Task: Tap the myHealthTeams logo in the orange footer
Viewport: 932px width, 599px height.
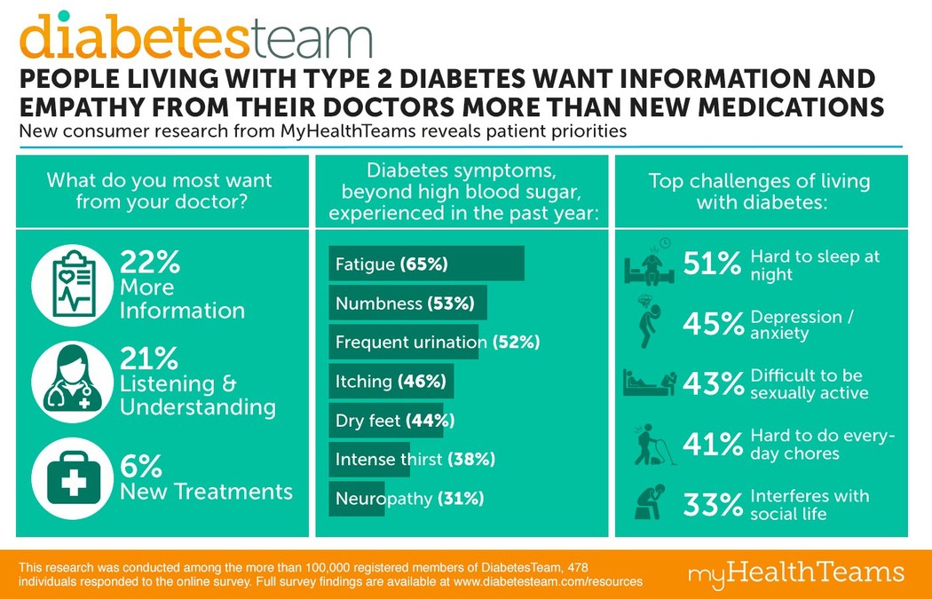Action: (795, 571)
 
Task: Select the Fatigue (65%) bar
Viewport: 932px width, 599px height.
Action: (426, 264)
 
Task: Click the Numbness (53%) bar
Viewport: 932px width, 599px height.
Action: (407, 303)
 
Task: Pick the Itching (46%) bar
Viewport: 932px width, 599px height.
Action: (391, 382)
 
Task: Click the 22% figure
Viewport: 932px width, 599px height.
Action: (150, 262)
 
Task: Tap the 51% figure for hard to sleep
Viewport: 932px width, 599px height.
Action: (713, 264)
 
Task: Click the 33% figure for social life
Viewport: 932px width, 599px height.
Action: (713, 504)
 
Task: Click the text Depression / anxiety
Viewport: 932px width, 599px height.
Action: (798, 325)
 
